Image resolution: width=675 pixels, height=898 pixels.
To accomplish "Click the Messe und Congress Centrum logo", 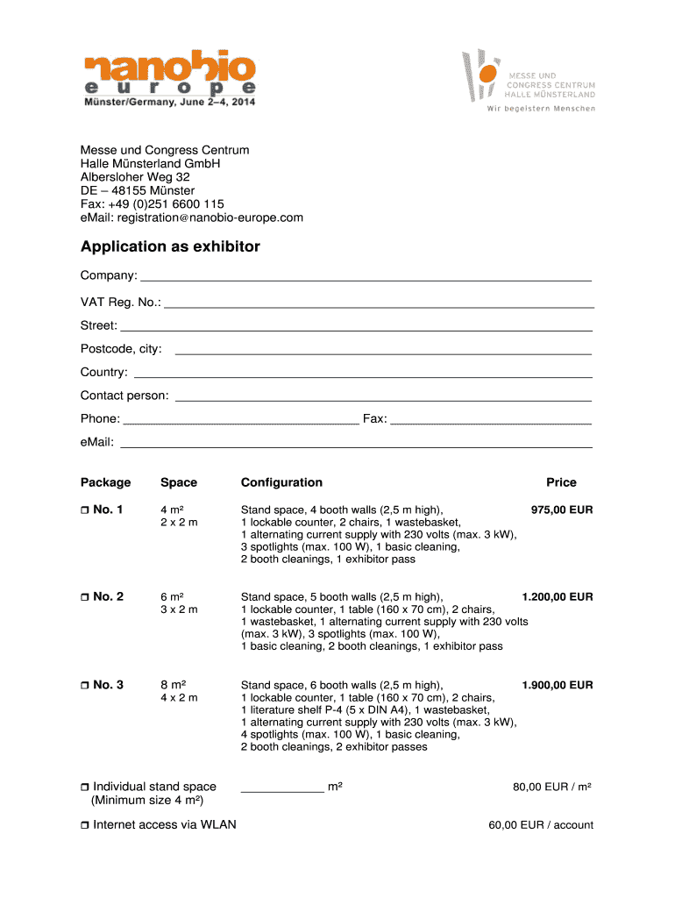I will tap(529, 81).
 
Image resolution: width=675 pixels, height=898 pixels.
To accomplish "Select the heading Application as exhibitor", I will tap(170, 246).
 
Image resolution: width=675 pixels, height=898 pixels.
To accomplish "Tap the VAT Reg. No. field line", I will tap(379, 304).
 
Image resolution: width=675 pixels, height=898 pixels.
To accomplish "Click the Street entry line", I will tap(356, 327).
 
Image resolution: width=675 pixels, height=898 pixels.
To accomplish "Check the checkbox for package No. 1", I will tap(85, 510).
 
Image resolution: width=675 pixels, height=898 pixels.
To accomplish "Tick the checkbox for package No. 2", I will tap(85, 597).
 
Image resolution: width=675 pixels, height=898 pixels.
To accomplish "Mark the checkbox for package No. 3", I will tap(85, 685).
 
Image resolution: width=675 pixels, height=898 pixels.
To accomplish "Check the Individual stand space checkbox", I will tap(85, 787).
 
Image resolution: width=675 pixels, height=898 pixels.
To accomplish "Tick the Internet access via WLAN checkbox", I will tap(85, 824).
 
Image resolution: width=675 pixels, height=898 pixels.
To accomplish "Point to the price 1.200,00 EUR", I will tap(557, 596).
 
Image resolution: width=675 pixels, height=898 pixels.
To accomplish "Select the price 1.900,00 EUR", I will tap(557, 684).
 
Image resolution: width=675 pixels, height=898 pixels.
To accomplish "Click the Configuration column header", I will tap(281, 482).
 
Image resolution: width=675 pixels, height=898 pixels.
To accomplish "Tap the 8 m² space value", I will tap(172, 684).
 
